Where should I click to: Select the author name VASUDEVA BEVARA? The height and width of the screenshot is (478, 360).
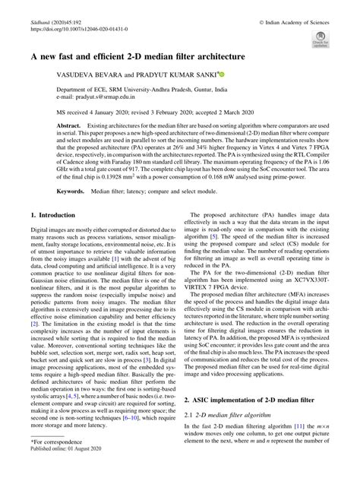(x=85, y=77)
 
